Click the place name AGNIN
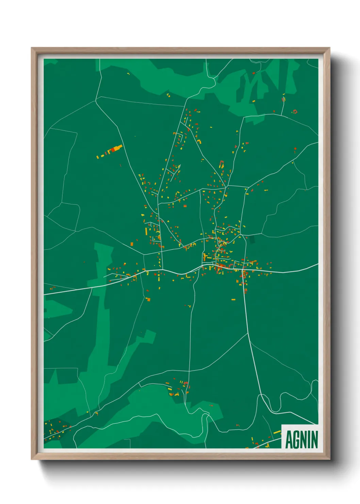pos(301,439)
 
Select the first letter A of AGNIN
pos(289,439)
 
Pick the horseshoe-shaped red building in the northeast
pos(295,111)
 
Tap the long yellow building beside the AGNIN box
pos(277,432)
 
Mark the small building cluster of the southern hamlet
pos(177,388)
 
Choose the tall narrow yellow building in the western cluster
pos(146,231)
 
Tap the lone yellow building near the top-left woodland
pos(128,73)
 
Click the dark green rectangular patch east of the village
pos(252,239)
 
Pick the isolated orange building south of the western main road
pos(148,299)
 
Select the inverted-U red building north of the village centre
pos(222,164)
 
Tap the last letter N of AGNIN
pos(315,439)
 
